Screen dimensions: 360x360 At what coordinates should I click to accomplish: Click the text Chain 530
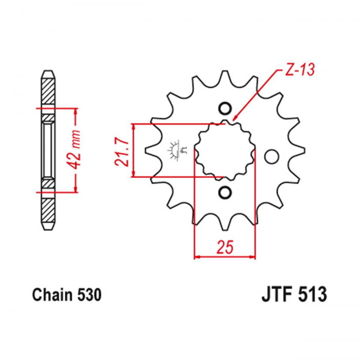click(67, 295)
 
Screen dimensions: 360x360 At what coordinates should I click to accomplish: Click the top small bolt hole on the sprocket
click(225, 109)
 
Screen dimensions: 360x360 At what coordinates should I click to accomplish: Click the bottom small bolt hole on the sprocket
click(225, 193)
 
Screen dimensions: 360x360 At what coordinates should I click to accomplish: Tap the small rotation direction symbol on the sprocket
click(177, 150)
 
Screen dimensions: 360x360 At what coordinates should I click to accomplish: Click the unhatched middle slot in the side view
click(48, 150)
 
